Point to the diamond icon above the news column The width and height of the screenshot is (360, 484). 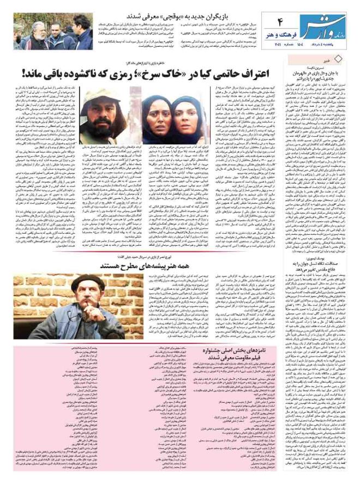click(x=352, y=58)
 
